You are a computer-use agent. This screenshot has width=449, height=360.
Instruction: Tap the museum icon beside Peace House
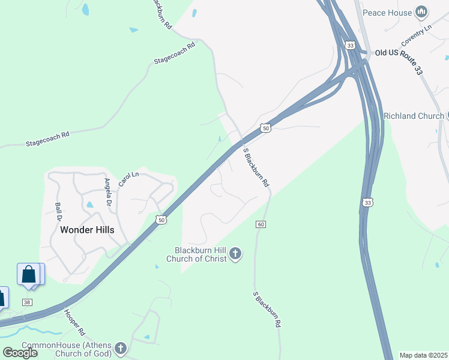coord(421,12)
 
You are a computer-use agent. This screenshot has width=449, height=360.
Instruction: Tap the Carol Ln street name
coord(128,179)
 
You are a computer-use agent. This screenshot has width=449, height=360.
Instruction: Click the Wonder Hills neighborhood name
coord(87,230)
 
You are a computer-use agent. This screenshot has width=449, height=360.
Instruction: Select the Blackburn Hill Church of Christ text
coord(200,254)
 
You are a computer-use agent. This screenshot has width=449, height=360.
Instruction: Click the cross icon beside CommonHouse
coord(121,348)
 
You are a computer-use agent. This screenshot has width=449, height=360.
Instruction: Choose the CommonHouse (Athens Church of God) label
coord(66,349)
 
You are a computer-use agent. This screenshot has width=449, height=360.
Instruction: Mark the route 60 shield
coord(261,224)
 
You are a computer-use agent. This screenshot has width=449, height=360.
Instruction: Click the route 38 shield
coord(27,302)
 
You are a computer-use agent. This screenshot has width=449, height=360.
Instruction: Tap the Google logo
coord(20,352)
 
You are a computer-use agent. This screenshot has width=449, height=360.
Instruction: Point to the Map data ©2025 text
coord(423,355)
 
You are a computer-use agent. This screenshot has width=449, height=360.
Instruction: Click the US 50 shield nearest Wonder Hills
coord(160,220)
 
